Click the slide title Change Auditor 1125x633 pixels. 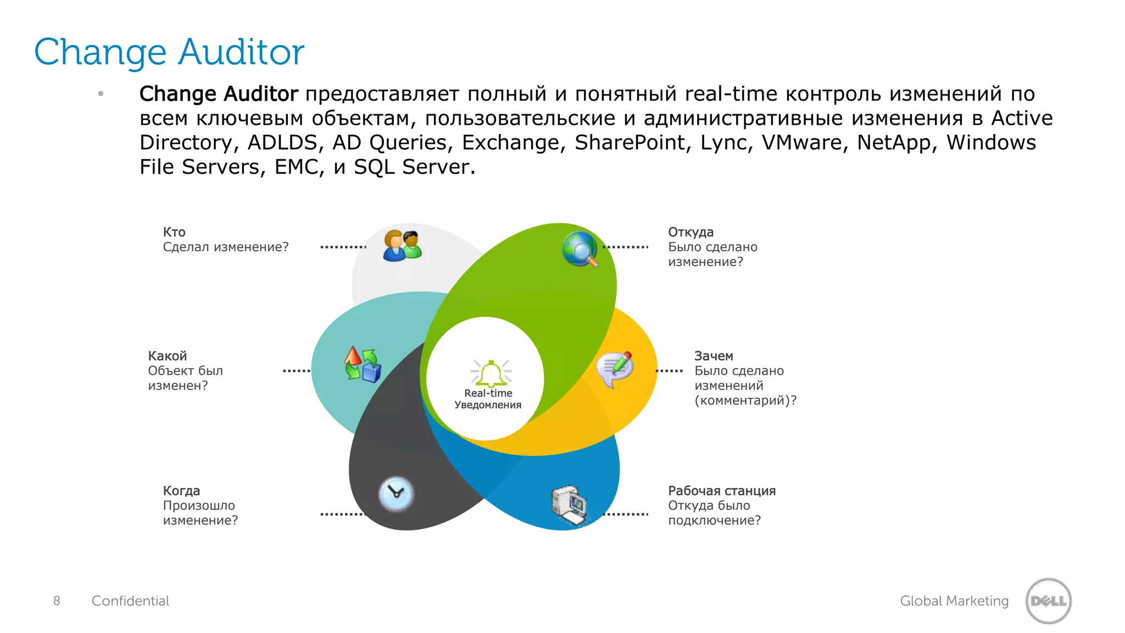(169, 52)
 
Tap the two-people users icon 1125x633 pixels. (403, 246)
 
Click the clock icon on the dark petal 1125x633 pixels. (396, 493)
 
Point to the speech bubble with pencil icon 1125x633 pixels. (615, 369)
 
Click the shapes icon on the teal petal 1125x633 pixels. (362, 364)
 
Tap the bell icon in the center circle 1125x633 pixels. (490, 373)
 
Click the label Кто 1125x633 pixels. (174, 232)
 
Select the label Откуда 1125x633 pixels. (690, 232)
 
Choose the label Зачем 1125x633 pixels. (713, 356)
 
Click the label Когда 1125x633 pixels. (181, 491)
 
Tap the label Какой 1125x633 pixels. (167, 356)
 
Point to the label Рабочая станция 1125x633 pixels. (721, 491)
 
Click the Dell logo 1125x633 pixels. (1048, 601)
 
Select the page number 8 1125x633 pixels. (57, 601)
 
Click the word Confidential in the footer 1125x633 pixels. (130, 601)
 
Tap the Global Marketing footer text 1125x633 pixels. (954, 601)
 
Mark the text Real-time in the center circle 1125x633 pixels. (488, 393)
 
